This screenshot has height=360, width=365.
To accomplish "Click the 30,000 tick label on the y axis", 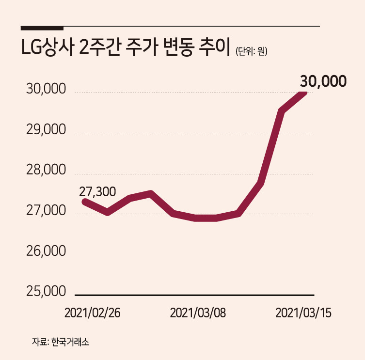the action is tap(46, 89).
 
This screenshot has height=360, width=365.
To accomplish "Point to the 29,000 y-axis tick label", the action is tap(46, 130).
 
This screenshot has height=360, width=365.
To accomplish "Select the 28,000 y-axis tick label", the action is tap(46, 170).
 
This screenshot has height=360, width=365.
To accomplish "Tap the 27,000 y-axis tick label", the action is tap(46, 210).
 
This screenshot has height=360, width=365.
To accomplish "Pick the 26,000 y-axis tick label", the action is tap(46, 251).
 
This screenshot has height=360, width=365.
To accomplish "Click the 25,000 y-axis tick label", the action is tap(46, 291).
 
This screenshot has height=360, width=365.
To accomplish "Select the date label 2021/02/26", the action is tap(93, 313).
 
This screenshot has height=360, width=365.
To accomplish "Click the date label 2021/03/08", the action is tap(198, 313).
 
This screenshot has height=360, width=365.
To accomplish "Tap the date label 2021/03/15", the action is tap(303, 313).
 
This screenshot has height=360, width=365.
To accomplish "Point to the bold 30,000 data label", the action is tap(323, 81).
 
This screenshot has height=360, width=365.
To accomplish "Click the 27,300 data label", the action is tap(97, 192).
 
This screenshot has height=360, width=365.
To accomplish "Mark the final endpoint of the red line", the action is tap(304, 93).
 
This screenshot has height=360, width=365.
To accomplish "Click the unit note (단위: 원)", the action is tap(251, 51).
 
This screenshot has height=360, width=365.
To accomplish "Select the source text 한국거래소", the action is tap(70, 342).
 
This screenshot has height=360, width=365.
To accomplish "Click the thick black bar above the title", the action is tap(42, 28).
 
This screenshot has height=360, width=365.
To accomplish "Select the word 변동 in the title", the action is tap(178, 47).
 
